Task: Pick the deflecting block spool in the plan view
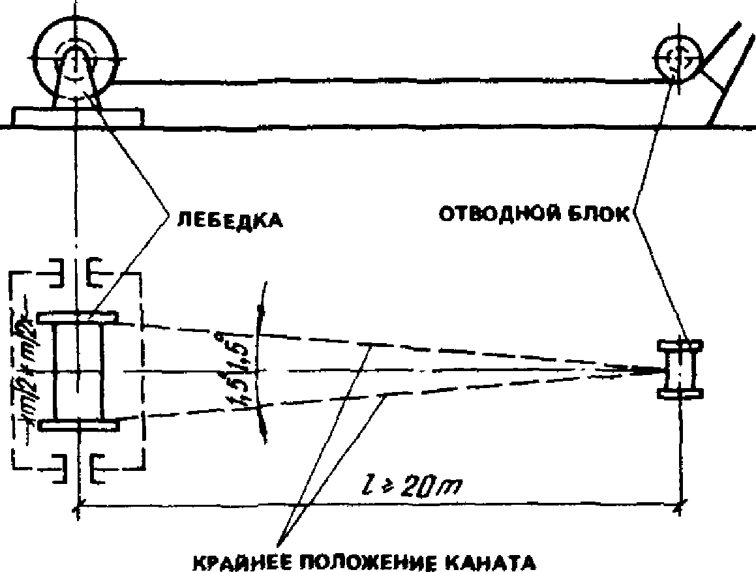[x=680, y=369]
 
